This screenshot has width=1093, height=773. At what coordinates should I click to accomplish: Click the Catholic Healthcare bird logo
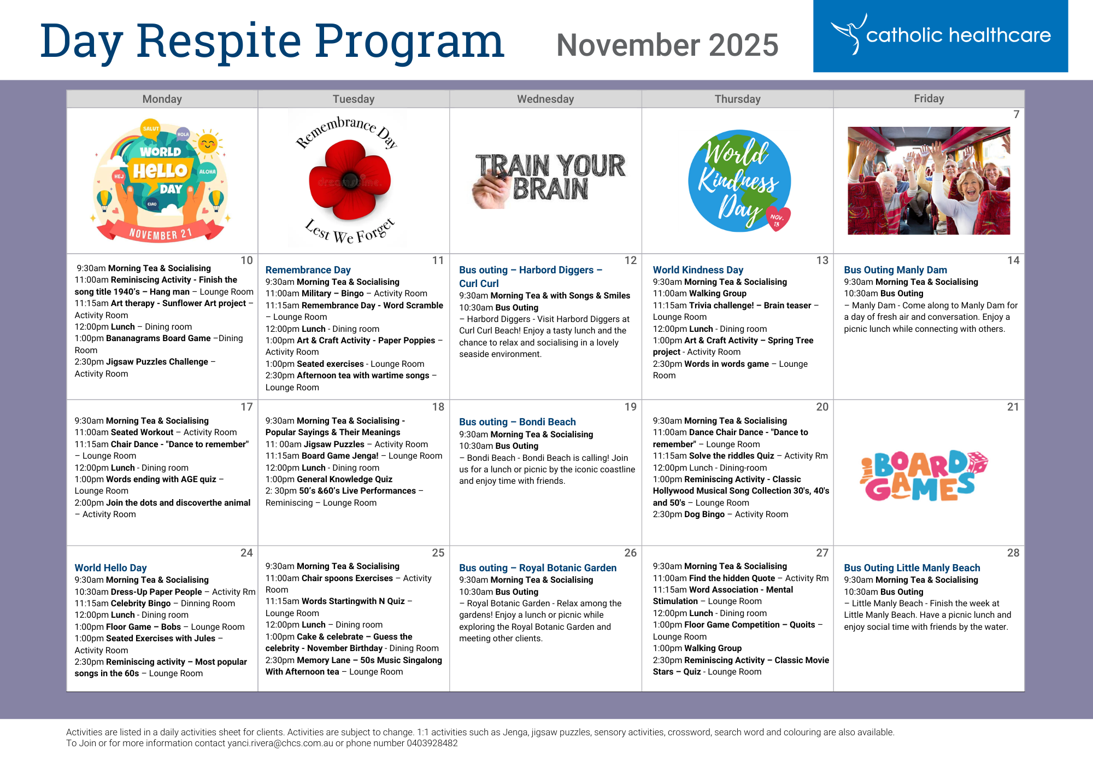[x=848, y=34]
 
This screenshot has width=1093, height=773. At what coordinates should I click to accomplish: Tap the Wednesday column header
[x=545, y=99]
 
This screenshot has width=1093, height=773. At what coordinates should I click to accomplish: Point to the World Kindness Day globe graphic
[x=739, y=181]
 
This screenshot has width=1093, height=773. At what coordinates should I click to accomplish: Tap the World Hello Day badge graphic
[x=161, y=180]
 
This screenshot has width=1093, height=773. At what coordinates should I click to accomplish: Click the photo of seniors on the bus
[x=929, y=181]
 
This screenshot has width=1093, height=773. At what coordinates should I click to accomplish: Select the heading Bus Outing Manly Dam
[x=895, y=270]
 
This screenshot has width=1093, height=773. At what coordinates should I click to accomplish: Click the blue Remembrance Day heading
[x=308, y=270]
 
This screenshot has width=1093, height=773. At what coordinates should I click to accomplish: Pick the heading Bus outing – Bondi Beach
[x=517, y=421]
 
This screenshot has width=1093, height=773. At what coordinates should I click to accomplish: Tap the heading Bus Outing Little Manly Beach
[x=912, y=567]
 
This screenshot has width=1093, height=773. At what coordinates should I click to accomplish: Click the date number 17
[x=246, y=407]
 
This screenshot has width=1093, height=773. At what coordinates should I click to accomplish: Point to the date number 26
[x=630, y=553]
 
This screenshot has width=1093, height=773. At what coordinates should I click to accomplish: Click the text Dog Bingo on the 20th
[x=704, y=514]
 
